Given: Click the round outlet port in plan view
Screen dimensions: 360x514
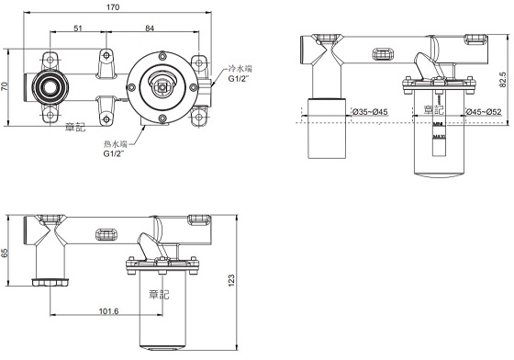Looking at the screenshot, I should [46, 88].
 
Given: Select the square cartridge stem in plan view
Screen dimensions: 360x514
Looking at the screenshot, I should [162, 88].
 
